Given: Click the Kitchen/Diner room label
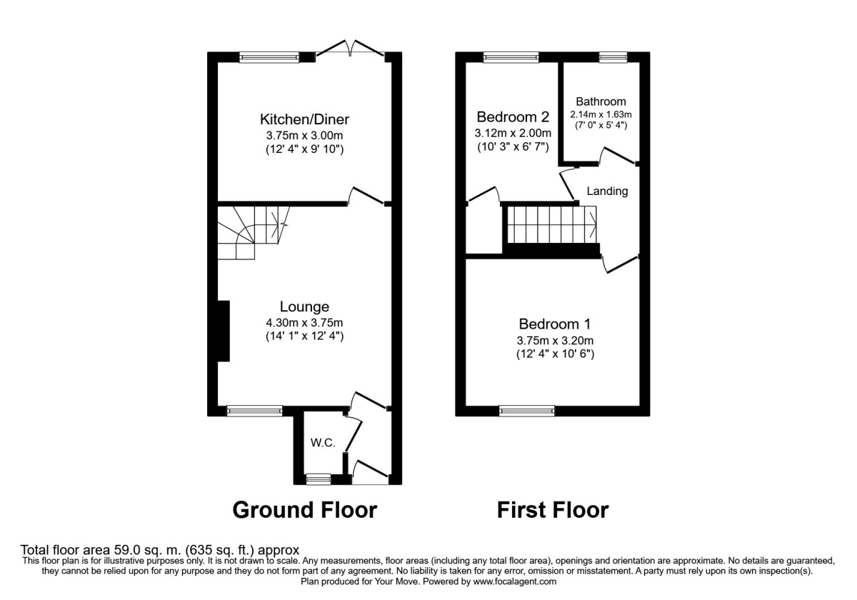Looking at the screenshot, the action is [x=304, y=119].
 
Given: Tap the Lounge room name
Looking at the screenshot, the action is [x=304, y=306].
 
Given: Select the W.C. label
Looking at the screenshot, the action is [x=323, y=443].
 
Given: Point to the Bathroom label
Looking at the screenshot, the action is [x=601, y=101].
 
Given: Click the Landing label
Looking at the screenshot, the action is [x=607, y=191].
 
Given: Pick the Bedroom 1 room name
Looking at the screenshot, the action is [x=555, y=324].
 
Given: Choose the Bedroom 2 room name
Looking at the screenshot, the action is [x=513, y=116].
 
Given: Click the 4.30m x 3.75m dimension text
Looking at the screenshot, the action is [x=304, y=323].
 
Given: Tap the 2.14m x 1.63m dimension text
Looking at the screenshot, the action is [x=601, y=114].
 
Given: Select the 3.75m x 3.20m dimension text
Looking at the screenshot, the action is [x=555, y=340].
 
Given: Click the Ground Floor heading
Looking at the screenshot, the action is [x=305, y=510].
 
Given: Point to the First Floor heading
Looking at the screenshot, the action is [x=553, y=510].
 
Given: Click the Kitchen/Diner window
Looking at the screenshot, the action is [x=269, y=57].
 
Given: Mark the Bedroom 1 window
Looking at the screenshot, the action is [x=527, y=411].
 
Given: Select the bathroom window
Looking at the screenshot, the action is [x=613, y=57].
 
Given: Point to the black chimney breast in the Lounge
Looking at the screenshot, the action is [x=224, y=331].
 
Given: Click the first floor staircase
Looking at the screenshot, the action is [x=551, y=224].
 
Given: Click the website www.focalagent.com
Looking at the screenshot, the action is [x=515, y=582].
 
